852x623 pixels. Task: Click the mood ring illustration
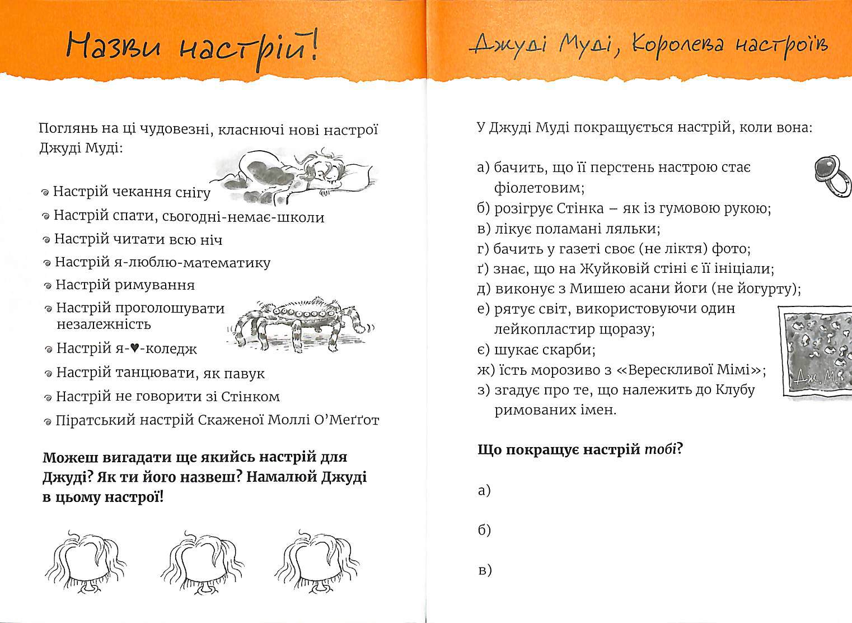pos(832,175)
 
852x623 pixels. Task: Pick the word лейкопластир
pos(543,329)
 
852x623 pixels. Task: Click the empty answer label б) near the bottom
pos(484,530)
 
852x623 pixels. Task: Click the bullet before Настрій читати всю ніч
pos(46,240)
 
